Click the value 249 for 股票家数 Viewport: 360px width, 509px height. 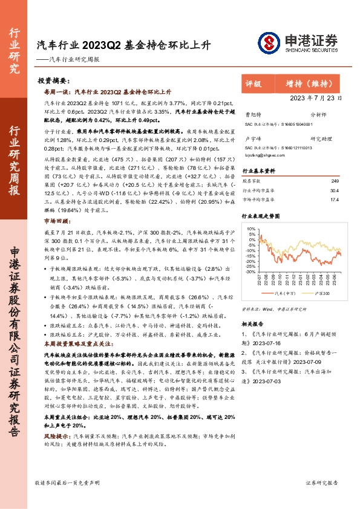click(x=335, y=180)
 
